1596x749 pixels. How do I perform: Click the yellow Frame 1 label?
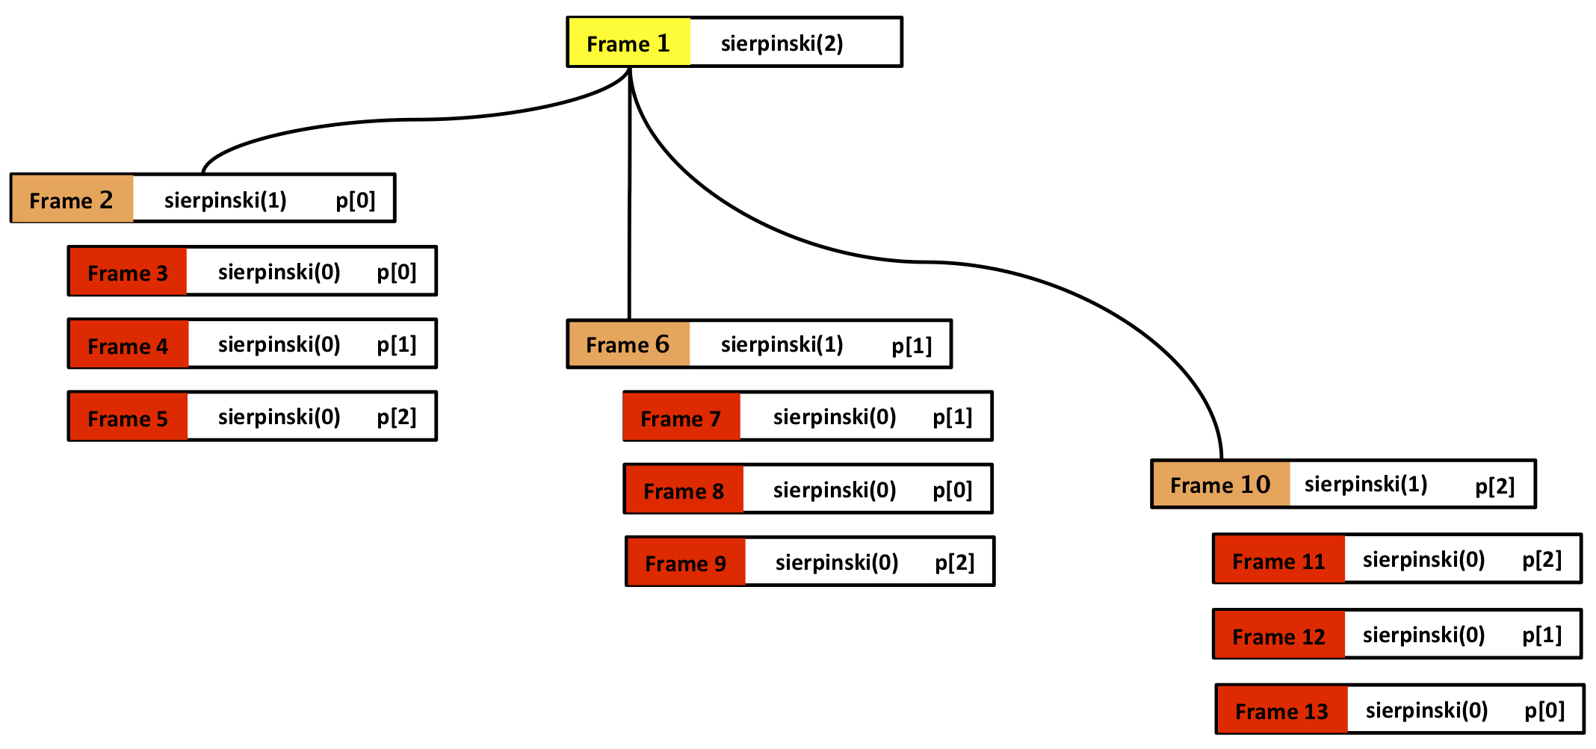coord(628,43)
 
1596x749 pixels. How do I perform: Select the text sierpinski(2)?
coord(782,43)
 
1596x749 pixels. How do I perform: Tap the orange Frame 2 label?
coord(72,199)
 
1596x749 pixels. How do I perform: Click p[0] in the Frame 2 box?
coord(355,200)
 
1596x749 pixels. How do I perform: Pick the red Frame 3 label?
coord(128,273)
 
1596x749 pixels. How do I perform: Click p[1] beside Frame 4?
coord(396,344)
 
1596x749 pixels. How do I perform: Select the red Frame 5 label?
coord(128,418)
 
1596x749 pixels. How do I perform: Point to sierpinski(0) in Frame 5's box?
coord(279,417)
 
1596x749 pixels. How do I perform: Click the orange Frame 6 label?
coord(628,344)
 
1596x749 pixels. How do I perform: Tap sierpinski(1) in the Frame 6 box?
coord(782,344)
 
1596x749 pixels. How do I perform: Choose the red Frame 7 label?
coord(681,418)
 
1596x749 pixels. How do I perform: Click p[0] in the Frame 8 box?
coord(952,490)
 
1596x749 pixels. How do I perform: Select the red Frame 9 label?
coord(685,563)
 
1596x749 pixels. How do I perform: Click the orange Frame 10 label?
coord(1219,485)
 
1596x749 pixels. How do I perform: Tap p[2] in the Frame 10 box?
coord(1494,486)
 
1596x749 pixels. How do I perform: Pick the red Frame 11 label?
coord(1278,561)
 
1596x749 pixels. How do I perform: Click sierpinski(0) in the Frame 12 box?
coord(1423,635)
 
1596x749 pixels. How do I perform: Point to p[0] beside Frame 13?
coord(1544,710)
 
